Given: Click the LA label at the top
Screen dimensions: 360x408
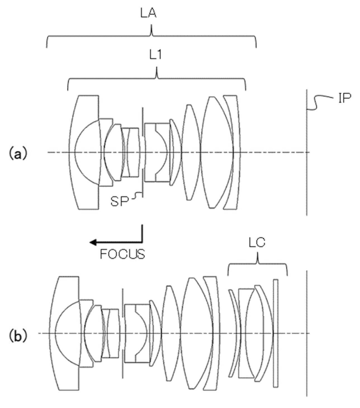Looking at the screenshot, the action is [148, 13].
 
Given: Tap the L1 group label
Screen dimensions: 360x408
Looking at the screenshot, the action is [155, 55].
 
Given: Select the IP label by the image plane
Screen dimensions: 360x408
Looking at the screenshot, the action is [345, 98].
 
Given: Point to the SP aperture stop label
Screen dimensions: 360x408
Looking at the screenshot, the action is [120, 201].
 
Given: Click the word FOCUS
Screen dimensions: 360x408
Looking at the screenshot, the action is [123, 254].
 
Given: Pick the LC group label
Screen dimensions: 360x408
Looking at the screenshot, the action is [257, 243].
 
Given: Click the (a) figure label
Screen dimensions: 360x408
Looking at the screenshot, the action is [18, 153].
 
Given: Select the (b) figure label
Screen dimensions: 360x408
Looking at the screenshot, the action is [18, 335].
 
